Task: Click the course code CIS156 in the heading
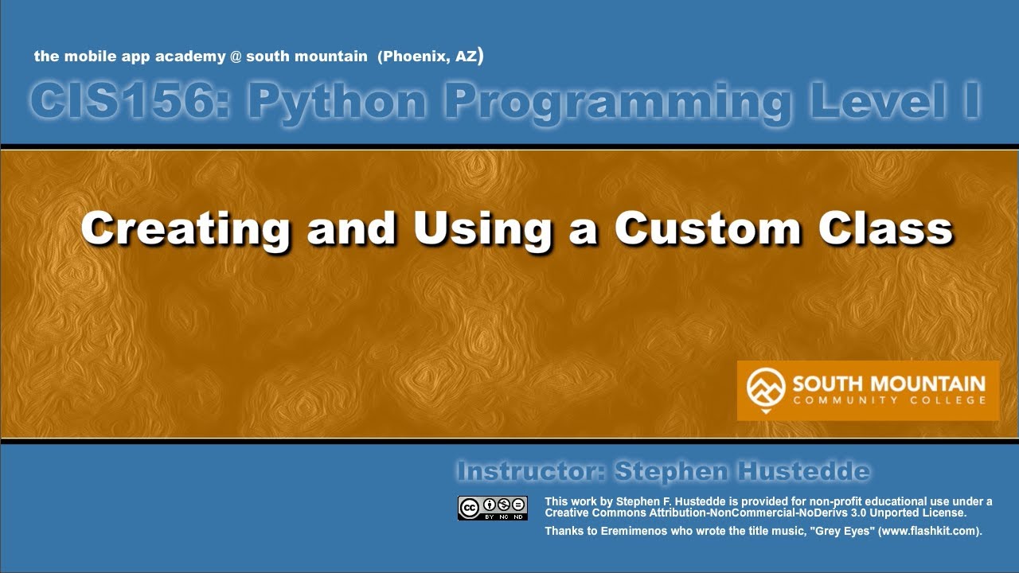click(x=127, y=102)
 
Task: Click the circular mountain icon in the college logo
click(x=766, y=388)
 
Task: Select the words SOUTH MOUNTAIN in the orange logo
click(x=888, y=384)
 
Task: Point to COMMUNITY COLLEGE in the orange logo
click(x=888, y=400)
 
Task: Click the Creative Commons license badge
click(x=492, y=508)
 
